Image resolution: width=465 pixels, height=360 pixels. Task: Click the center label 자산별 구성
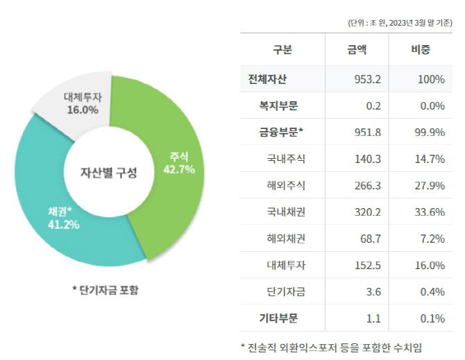109,173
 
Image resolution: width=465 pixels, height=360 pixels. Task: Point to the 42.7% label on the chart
178,168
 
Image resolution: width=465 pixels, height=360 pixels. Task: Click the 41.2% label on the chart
63,224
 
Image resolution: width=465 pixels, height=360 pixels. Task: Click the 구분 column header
282,50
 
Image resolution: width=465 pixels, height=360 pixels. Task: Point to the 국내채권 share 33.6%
430,212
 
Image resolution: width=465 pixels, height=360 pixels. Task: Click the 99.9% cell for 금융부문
430,132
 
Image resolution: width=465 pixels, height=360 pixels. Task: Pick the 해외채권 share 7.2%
432,239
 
